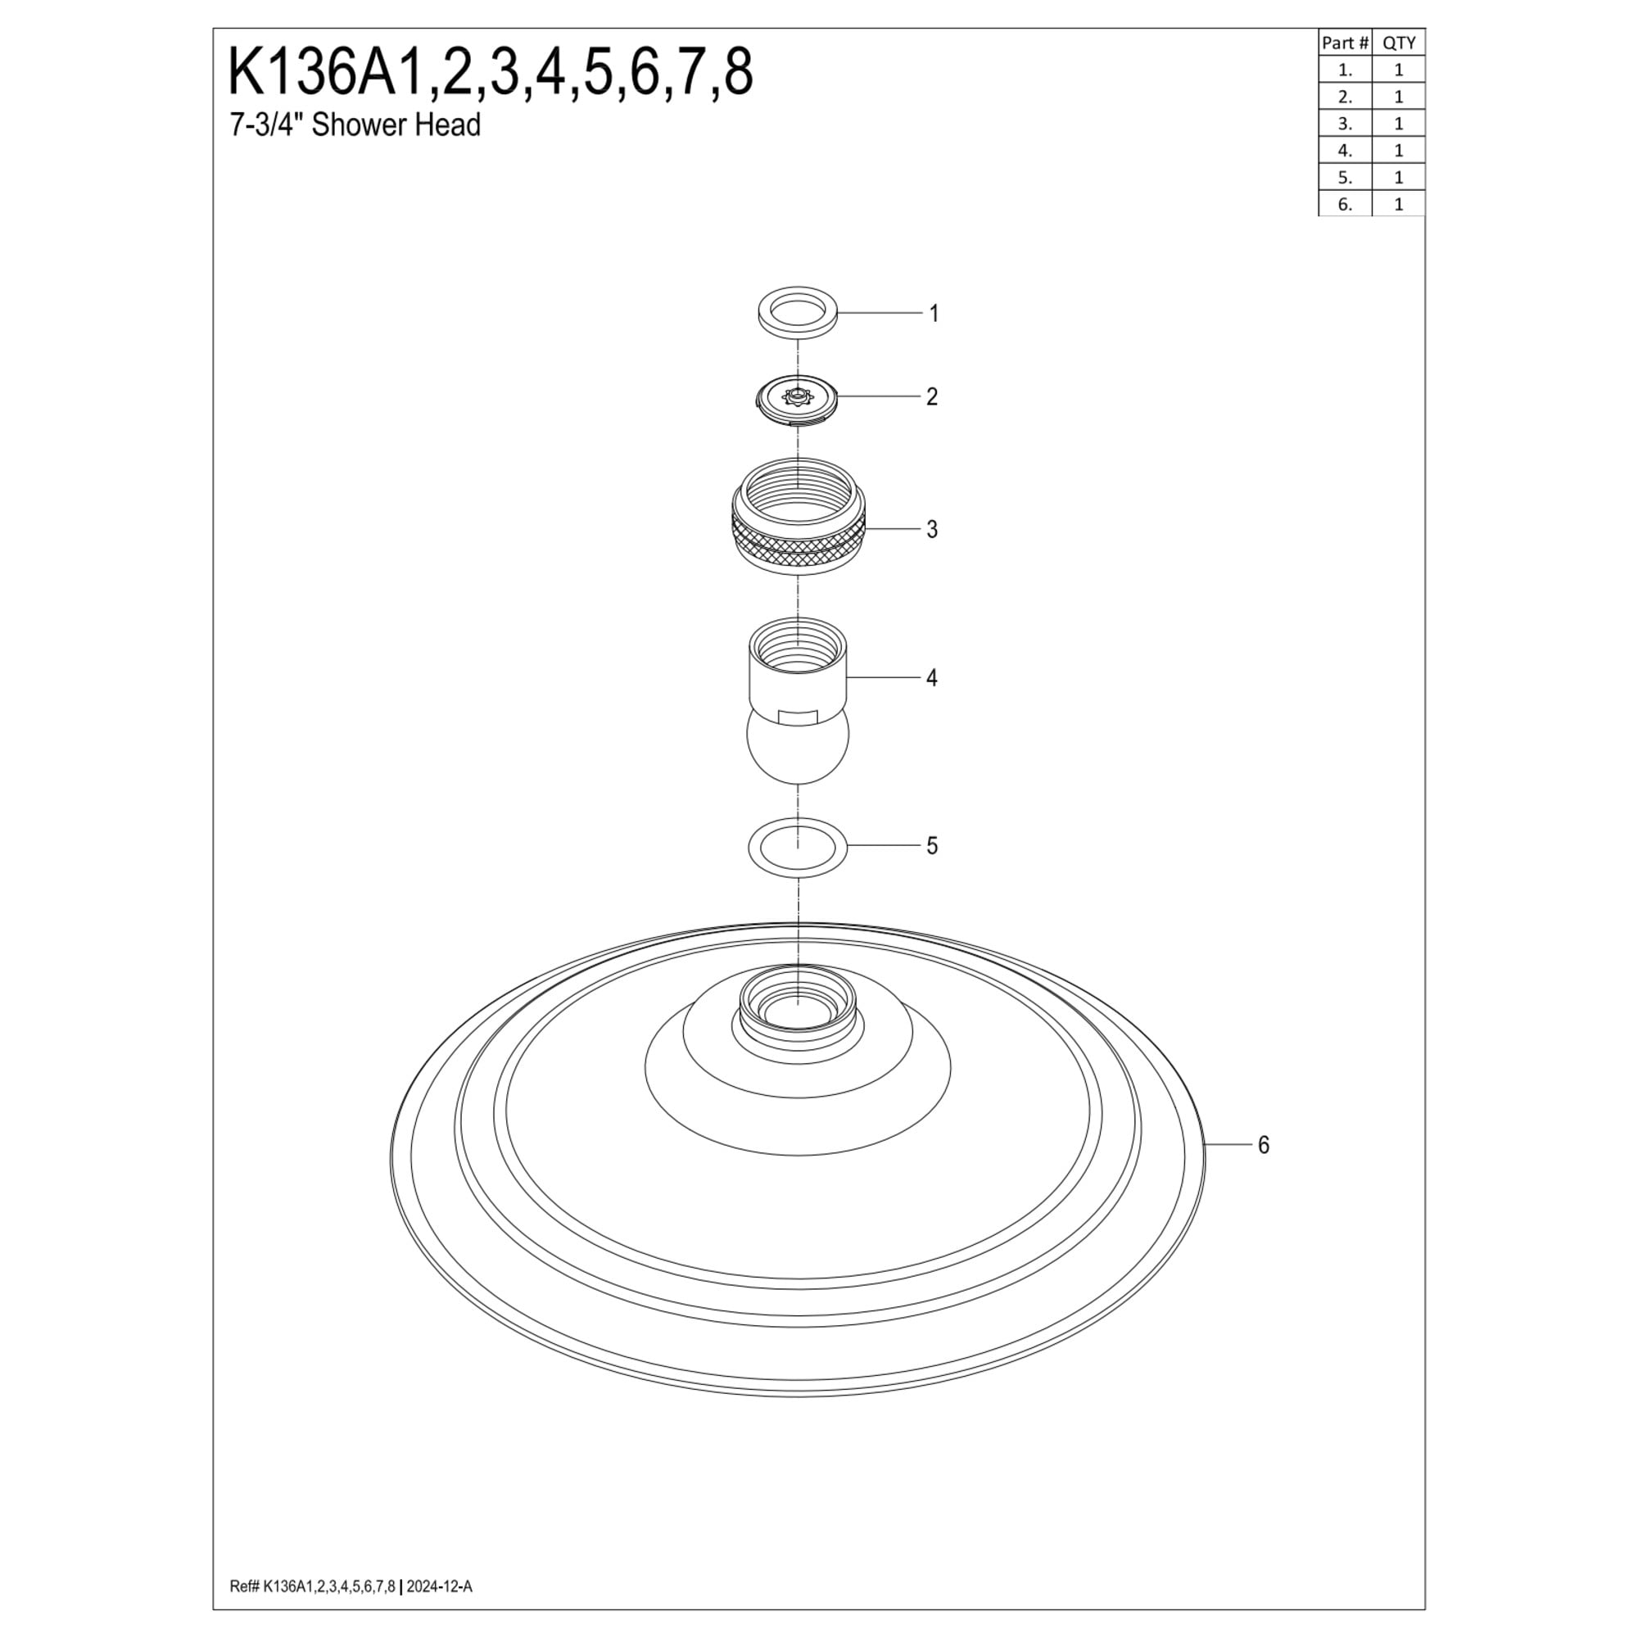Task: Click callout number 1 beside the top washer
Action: [x=934, y=314]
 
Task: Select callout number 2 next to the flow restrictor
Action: [x=932, y=396]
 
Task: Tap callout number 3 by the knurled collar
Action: [x=932, y=530]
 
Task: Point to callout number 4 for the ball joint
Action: [x=932, y=678]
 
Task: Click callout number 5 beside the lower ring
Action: [x=932, y=846]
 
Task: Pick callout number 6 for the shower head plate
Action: [x=1263, y=1146]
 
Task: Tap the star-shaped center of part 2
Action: [x=797, y=396]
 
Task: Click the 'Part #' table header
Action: [x=1345, y=43]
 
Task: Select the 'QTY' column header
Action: [x=1399, y=43]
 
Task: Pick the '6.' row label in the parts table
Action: [x=1345, y=204]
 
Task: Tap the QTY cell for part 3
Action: [x=1399, y=124]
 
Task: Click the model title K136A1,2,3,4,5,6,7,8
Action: [x=490, y=73]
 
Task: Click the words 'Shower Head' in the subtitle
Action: [x=396, y=124]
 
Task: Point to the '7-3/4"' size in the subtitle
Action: [x=267, y=124]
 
